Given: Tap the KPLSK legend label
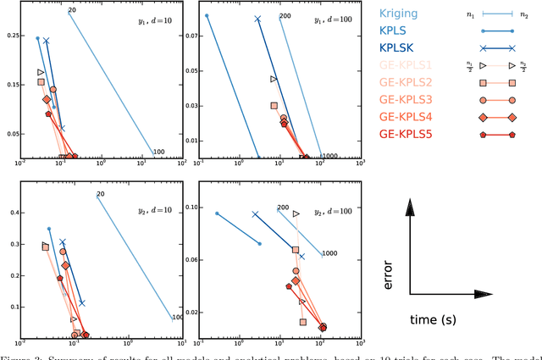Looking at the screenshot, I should point(398,48).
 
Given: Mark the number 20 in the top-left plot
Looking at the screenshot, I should point(72,10).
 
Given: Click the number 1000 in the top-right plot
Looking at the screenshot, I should point(329,156).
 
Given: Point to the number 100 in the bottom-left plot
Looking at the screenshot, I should point(177,318).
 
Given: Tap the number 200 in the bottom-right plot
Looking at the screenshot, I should point(283,207).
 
